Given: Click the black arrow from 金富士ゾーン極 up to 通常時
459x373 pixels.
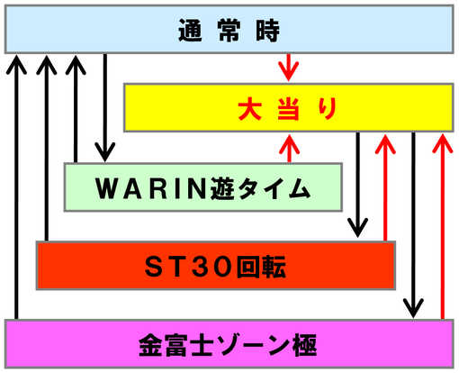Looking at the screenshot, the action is [16, 186].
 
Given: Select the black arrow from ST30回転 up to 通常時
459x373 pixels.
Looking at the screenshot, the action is [47, 148].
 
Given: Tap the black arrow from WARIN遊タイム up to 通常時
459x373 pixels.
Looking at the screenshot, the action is [76, 109].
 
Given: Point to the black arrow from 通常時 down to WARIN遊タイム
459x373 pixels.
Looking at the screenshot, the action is [105, 108].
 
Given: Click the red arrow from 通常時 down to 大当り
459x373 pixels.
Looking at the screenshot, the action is [289, 68].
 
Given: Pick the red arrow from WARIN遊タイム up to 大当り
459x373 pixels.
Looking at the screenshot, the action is [289, 149].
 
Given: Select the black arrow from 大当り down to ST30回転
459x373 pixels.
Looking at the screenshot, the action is [357, 185].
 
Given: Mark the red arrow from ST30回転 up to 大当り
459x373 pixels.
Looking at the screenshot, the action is [385, 187].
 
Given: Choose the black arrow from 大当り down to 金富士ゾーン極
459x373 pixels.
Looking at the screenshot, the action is [413, 225].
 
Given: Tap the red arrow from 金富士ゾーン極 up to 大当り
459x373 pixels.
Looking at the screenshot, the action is [443, 227].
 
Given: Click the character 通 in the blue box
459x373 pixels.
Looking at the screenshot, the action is [190, 31].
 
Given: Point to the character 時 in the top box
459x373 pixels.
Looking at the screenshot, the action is [267, 31].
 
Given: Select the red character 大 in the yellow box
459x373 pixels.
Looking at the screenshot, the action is [250, 109].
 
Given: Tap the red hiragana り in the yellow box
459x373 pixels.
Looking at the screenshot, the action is [328, 109].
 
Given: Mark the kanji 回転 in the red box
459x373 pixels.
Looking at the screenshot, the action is [261, 267].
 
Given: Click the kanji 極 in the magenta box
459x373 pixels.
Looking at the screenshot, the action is [305, 345].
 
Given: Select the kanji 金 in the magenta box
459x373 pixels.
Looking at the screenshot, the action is [151, 345].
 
